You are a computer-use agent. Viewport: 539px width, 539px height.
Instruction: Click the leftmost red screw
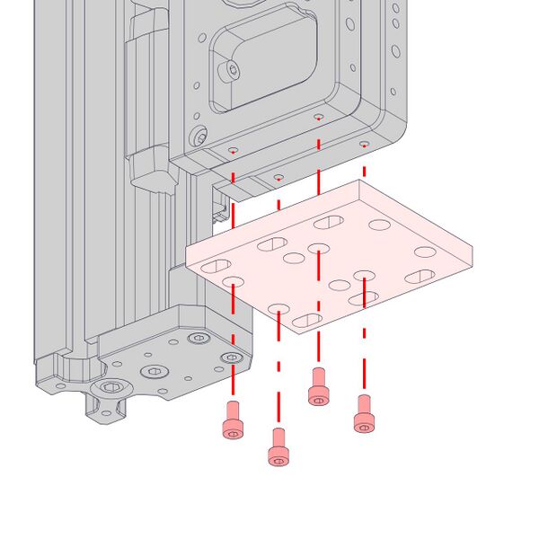[x=233, y=420]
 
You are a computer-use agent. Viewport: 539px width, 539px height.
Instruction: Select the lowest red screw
[x=279, y=447]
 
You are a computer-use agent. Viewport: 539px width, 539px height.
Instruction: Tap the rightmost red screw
[x=364, y=414]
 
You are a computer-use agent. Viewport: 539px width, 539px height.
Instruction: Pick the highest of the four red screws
[x=317, y=387]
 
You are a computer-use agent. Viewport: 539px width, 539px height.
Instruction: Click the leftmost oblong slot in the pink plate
[x=216, y=267]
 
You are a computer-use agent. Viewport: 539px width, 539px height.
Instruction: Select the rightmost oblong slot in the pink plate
[x=420, y=277]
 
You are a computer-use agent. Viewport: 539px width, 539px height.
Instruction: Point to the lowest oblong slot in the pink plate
[x=308, y=321]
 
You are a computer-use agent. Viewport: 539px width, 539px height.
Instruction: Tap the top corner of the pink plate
[x=360, y=181]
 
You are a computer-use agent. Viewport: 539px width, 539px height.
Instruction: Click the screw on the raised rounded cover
[x=234, y=69]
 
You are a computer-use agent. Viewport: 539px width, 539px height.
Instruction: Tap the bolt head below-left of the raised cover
[x=199, y=137]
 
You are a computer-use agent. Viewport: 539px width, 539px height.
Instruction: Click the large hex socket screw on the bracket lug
[x=111, y=387]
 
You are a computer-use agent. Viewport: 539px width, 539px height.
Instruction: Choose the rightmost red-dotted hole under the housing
[x=364, y=144]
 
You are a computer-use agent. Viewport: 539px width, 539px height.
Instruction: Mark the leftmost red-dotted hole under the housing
[x=233, y=150]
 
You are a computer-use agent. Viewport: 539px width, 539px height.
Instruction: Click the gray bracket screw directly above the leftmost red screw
[x=233, y=358]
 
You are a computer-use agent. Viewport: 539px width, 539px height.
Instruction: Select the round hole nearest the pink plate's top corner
[x=378, y=225]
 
